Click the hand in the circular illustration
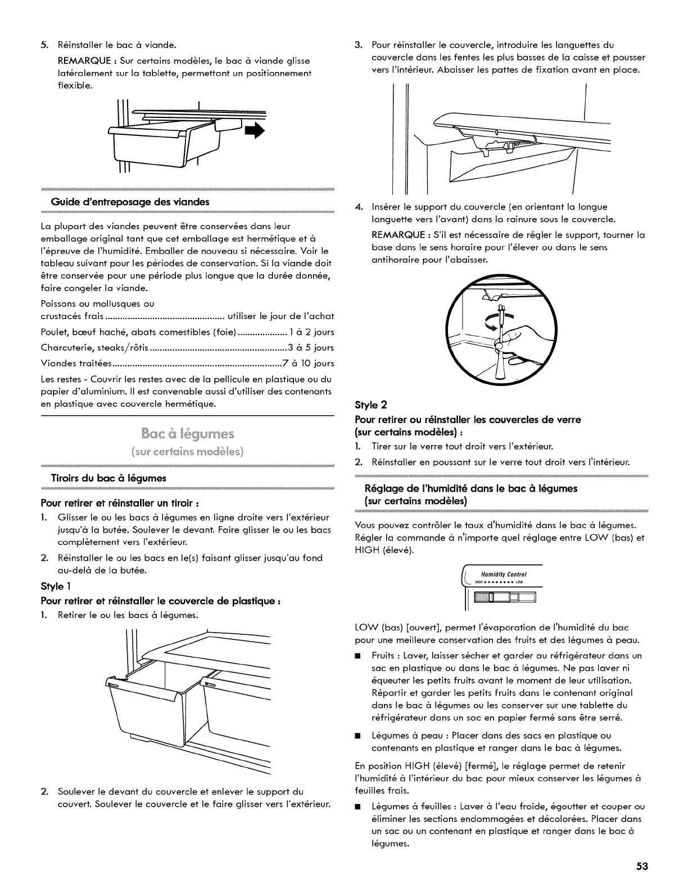[x=517, y=340]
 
